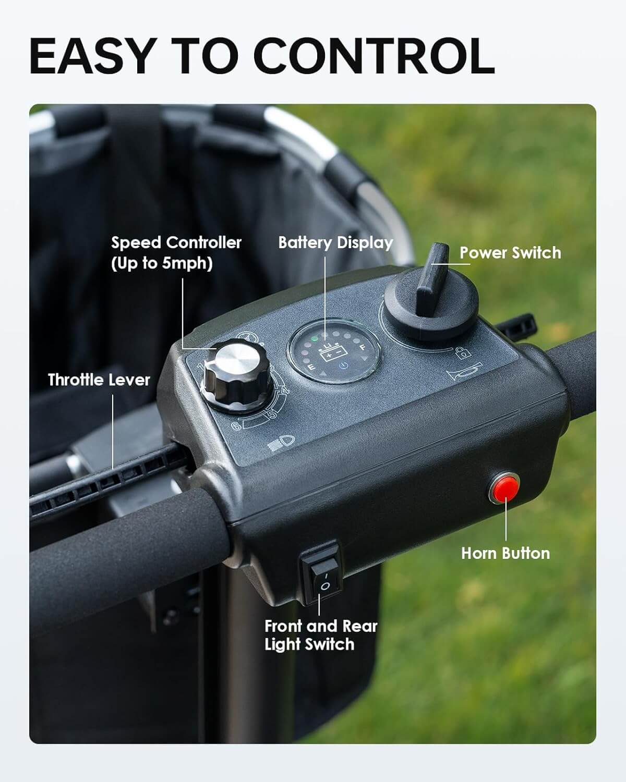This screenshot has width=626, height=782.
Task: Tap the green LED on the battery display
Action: (x=314, y=339)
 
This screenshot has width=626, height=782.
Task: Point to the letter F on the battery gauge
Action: (x=362, y=347)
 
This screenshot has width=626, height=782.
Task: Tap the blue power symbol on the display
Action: (x=344, y=365)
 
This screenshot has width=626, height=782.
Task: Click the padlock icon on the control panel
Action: (x=463, y=352)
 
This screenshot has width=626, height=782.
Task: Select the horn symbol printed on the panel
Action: (x=463, y=371)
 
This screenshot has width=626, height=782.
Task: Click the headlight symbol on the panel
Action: (x=281, y=442)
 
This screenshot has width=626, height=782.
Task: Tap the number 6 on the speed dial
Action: (x=236, y=425)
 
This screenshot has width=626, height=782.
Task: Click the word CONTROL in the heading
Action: (x=374, y=56)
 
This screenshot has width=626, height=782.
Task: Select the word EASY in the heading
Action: (x=90, y=56)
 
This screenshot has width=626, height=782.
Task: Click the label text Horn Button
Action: (x=505, y=554)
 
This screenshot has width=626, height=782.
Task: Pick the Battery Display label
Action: (x=336, y=243)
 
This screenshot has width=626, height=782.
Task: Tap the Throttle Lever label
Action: (x=99, y=380)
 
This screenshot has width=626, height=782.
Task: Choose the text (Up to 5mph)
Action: (x=162, y=263)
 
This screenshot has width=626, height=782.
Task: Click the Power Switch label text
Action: (x=510, y=252)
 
